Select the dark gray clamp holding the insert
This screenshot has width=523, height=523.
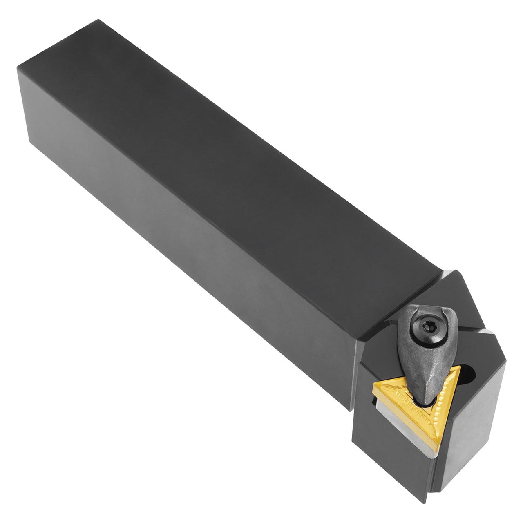pos(420,347)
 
